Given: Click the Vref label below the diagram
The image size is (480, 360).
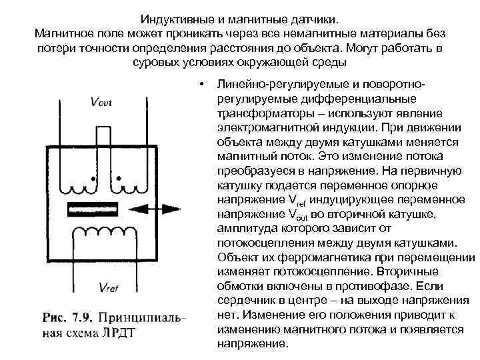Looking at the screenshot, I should point(111,288).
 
